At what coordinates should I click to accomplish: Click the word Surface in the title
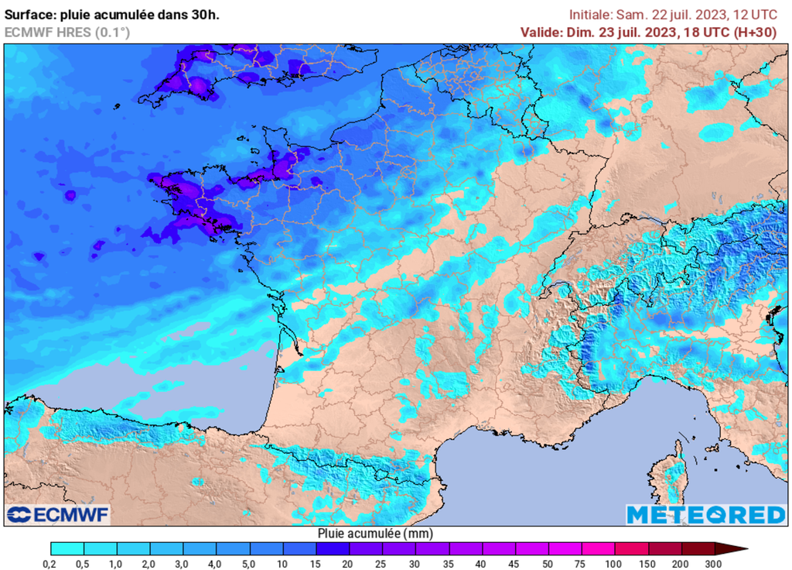point(29,15)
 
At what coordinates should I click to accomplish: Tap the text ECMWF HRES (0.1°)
point(67,32)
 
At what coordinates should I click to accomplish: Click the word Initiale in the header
point(592,15)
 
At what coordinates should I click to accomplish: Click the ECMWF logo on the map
point(58,514)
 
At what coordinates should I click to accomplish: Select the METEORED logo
point(705,514)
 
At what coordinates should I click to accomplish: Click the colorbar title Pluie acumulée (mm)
point(375,534)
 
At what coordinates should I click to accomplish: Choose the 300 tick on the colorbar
point(714,562)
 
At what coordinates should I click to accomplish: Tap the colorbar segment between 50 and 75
point(565,549)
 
